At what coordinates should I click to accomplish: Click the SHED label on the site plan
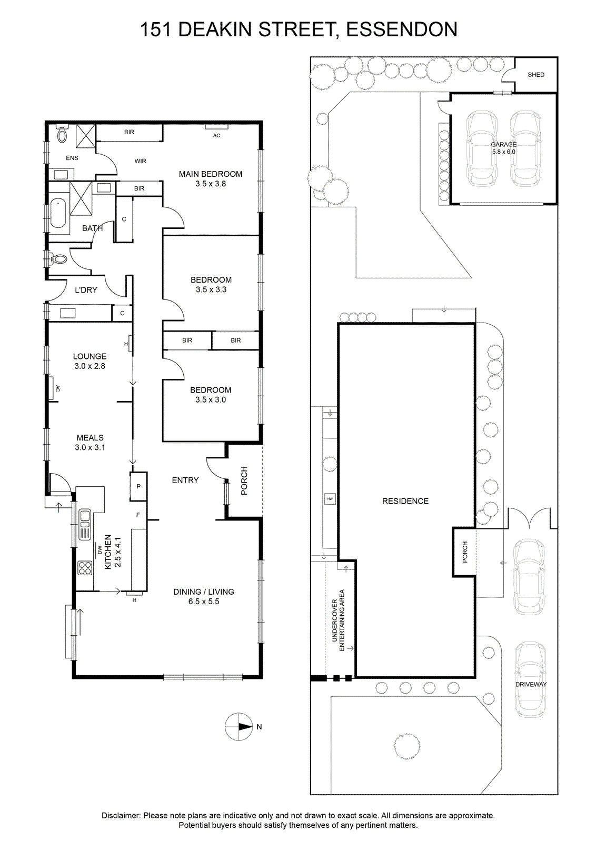pyautogui.click(x=536, y=75)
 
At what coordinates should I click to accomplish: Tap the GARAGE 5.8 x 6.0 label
pyautogui.click(x=503, y=148)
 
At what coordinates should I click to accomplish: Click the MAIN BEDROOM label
pyautogui.click(x=210, y=174)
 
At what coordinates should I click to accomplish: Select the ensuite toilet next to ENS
pyautogui.click(x=63, y=133)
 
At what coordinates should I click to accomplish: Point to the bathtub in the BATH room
pyautogui.click(x=58, y=213)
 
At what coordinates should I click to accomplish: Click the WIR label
pyautogui.click(x=140, y=161)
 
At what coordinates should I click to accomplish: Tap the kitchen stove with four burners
pyautogui.click(x=85, y=568)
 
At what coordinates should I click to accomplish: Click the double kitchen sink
pyautogui.click(x=85, y=524)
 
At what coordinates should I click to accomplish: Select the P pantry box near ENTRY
pyautogui.click(x=138, y=486)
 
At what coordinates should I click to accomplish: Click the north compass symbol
pyautogui.click(x=239, y=727)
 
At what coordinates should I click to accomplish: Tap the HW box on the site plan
pyautogui.click(x=330, y=499)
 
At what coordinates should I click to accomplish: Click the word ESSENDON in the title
pyautogui.click(x=402, y=29)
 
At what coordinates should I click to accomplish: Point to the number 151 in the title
pyautogui.click(x=156, y=29)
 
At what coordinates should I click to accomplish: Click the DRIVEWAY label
pyautogui.click(x=531, y=685)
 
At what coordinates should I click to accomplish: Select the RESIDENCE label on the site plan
pyautogui.click(x=405, y=501)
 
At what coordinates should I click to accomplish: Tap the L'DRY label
pyautogui.click(x=86, y=290)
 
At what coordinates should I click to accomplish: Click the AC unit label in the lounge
pyautogui.click(x=57, y=388)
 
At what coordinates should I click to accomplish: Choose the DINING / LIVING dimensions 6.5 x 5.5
pyautogui.click(x=204, y=602)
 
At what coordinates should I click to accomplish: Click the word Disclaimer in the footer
pyautogui.click(x=121, y=815)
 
